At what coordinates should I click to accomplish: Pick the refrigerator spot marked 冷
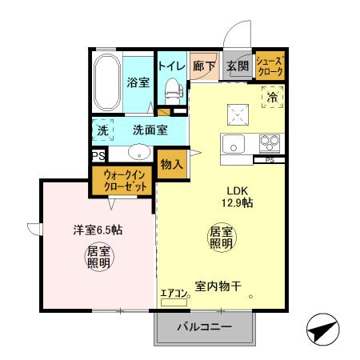[x=272, y=97]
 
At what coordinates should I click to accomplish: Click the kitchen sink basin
[x=234, y=145]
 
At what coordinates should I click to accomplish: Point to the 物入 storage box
[x=171, y=164]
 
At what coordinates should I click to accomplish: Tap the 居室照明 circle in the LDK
[x=221, y=238]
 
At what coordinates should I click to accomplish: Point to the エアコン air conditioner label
[x=174, y=294]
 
